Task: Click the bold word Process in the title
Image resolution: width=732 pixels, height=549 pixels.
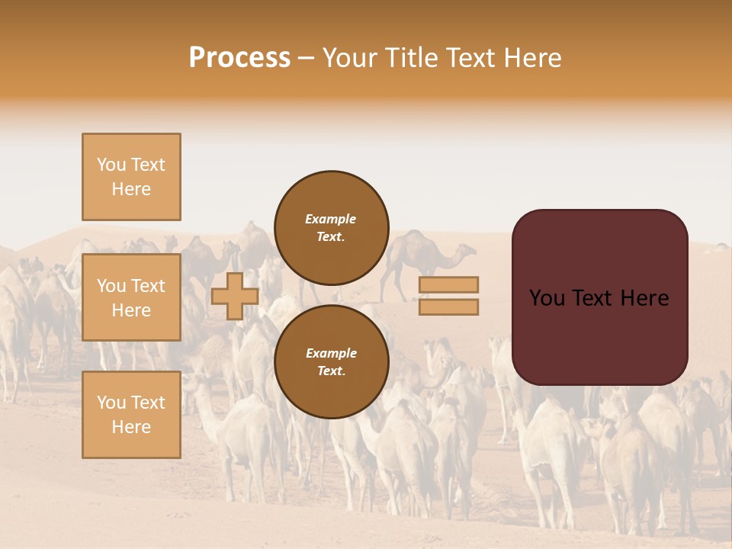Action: [239, 58]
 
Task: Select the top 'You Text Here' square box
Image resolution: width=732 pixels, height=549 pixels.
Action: [131, 177]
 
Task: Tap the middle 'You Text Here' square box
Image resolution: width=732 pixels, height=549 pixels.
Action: [131, 297]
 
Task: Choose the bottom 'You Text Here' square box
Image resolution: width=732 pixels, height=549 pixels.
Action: [131, 414]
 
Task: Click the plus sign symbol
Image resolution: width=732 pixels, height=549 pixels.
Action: [234, 296]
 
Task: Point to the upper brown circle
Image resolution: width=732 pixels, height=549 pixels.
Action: [331, 227]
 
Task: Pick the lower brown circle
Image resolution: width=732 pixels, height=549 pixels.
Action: [331, 361]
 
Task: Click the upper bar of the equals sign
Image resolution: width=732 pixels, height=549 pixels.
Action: [448, 284]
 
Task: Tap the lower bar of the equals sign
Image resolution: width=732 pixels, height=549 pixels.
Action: [448, 307]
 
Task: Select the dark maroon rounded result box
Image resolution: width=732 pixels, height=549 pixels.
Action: [599, 297]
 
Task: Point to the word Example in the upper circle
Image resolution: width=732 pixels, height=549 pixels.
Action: [331, 219]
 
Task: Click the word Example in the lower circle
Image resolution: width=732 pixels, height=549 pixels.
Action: [331, 353]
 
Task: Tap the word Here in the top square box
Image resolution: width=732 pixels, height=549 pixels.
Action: [131, 189]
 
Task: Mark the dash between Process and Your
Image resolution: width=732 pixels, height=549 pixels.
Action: [307, 58]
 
